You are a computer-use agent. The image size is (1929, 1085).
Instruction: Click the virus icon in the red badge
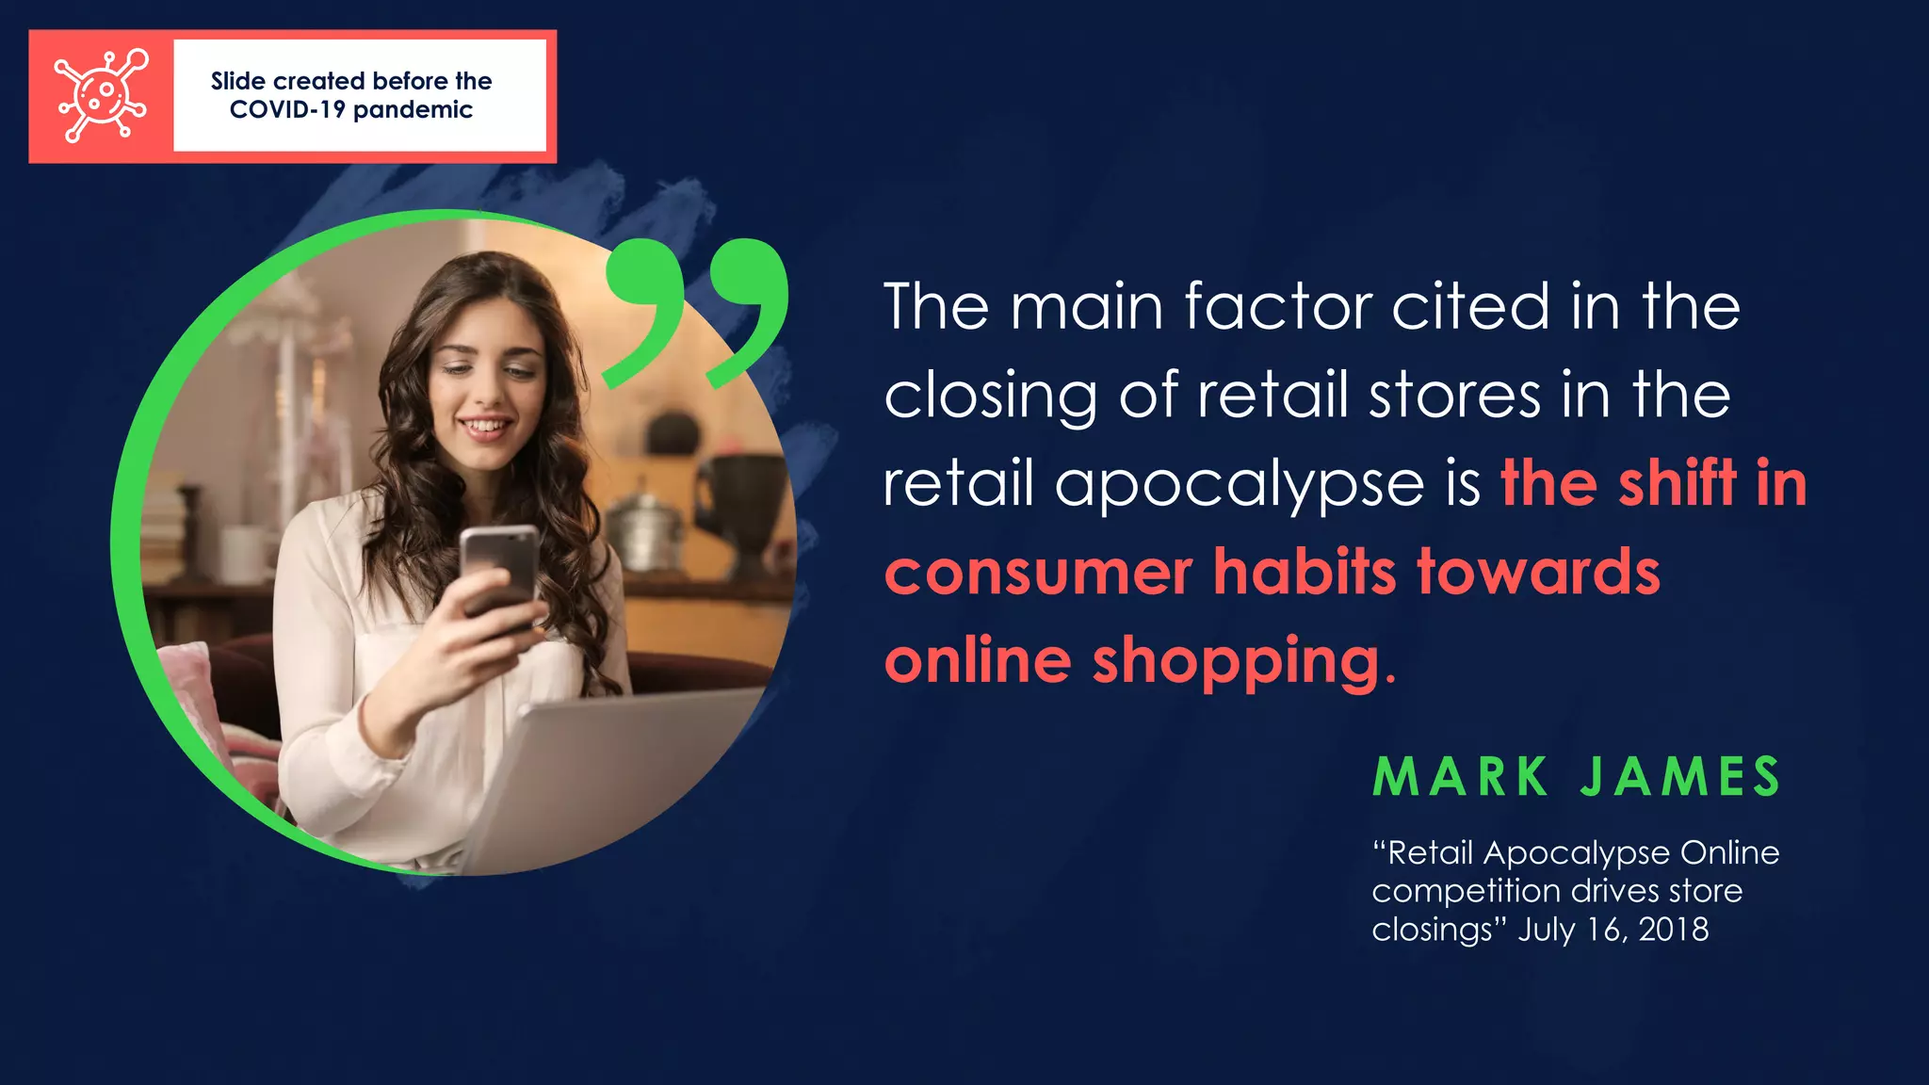click(x=101, y=96)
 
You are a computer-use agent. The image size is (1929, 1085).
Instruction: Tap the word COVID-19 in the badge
click(x=286, y=110)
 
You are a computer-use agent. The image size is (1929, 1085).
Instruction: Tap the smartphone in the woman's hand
click(x=500, y=571)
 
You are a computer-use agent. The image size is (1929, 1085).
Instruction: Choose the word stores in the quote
click(x=1454, y=395)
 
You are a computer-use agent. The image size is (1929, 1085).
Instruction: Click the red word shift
click(x=1678, y=483)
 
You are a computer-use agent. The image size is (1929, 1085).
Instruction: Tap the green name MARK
click(x=1460, y=778)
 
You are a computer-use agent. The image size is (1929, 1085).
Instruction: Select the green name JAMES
click(x=1680, y=778)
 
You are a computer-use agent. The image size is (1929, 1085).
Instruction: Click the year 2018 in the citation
click(x=1674, y=930)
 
